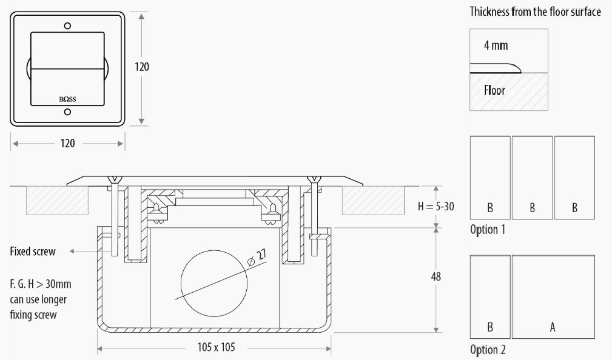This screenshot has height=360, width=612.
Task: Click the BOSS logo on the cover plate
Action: coord(67,99)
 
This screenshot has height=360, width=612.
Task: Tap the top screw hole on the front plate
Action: coord(67,25)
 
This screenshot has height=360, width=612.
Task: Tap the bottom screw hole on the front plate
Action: coord(67,112)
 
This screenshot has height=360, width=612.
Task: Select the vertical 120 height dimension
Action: coord(142,67)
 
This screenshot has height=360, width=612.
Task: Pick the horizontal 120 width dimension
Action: coord(67,143)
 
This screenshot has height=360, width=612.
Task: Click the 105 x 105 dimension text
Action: coord(216,347)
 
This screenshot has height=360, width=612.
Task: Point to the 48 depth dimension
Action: coord(436,276)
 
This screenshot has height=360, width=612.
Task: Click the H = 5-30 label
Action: coord(436,206)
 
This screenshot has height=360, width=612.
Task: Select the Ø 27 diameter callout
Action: coord(257,258)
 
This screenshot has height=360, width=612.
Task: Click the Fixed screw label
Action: coord(33,251)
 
